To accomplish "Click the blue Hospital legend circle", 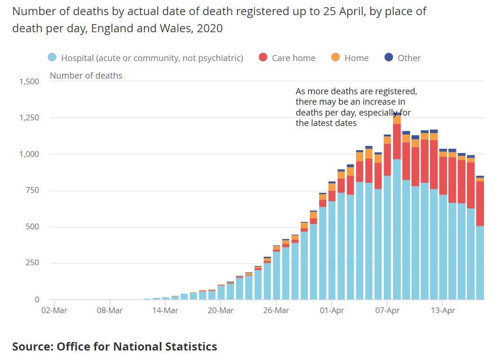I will click(53, 58).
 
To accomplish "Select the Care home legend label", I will click(294, 58).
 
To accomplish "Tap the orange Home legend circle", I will click(336, 58).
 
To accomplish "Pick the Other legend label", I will click(409, 58).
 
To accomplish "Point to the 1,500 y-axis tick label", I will click(29, 81).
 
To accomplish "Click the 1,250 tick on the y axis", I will click(29, 118).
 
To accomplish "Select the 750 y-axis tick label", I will click(32, 190).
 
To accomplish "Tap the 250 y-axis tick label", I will click(32, 263).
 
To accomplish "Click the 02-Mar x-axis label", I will click(54, 311).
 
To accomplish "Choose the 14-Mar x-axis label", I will click(165, 311).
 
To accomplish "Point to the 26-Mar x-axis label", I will click(276, 311).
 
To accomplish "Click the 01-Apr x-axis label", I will click(331, 311).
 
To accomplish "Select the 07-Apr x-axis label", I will click(387, 311).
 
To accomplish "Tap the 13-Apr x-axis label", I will click(442, 311).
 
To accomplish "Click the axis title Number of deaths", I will click(86, 76).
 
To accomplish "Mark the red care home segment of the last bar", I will click(480, 204).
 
